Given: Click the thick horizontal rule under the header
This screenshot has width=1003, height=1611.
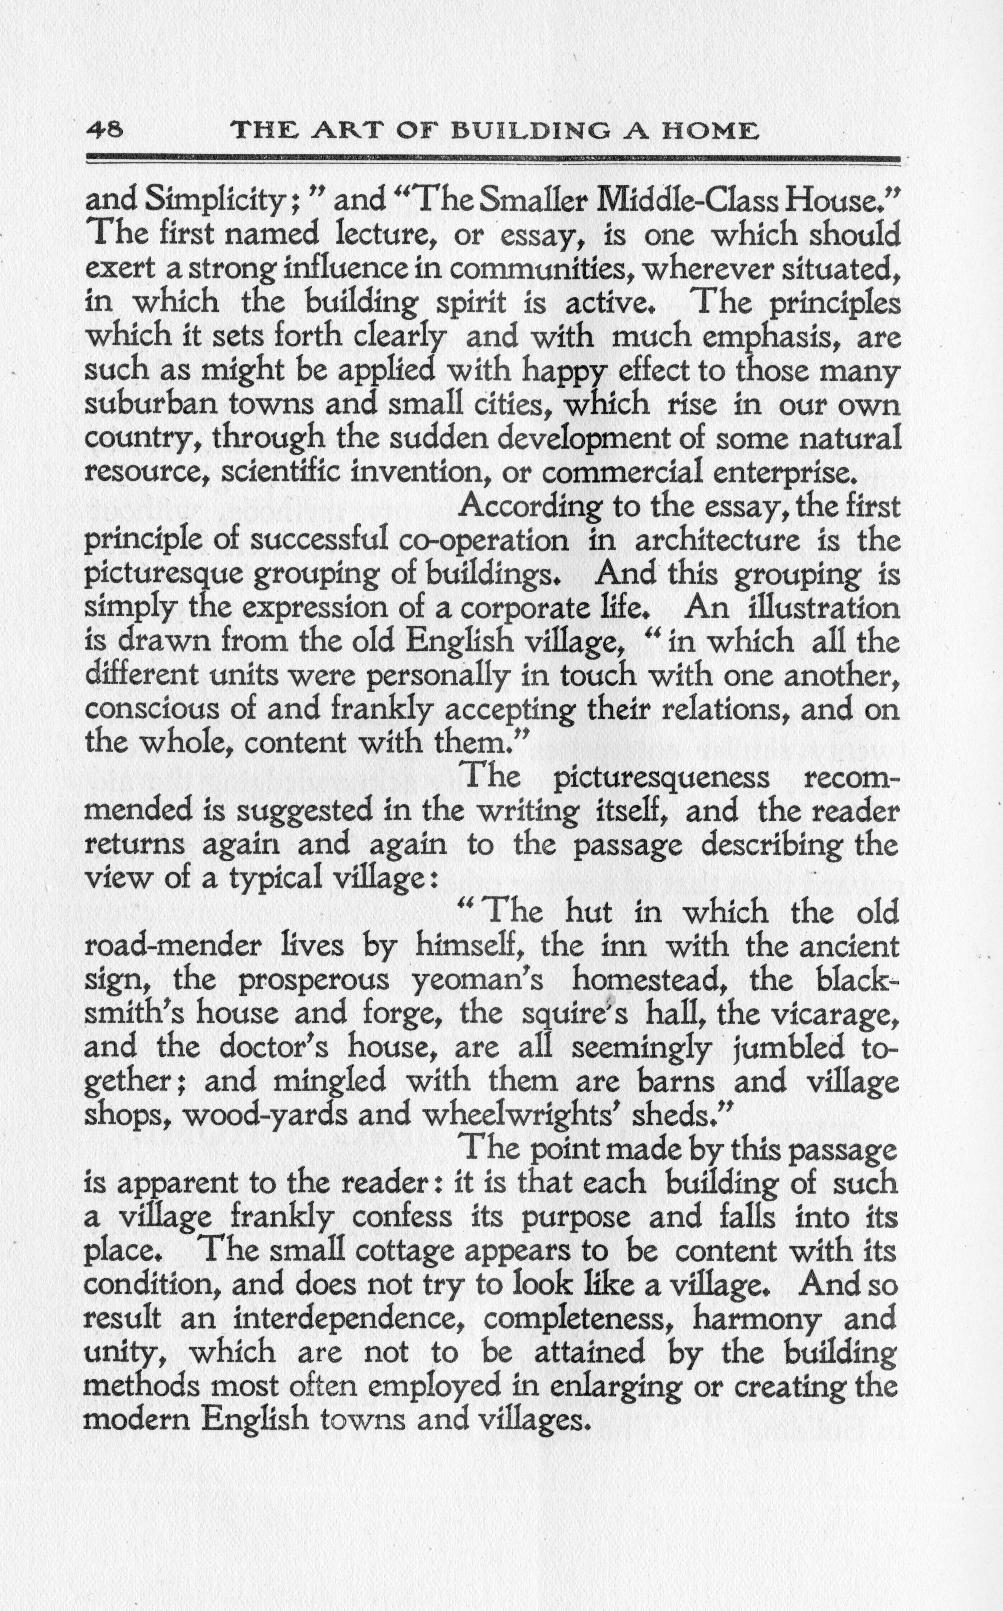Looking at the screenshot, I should pyautogui.click(x=492, y=158).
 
